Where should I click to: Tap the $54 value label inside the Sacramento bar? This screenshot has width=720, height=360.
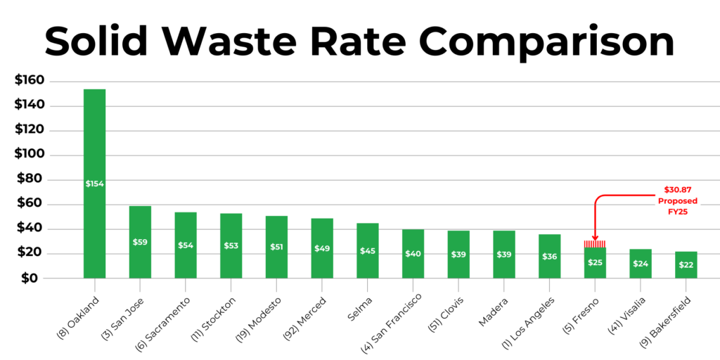pyautogui.click(x=186, y=245)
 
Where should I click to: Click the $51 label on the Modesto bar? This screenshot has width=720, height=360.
pyautogui.click(x=276, y=247)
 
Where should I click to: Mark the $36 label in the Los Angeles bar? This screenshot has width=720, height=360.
pyautogui.click(x=549, y=256)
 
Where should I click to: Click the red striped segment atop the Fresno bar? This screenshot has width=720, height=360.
pyautogui.click(x=595, y=243)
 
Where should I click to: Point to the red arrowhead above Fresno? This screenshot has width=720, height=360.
pyautogui.click(x=595, y=238)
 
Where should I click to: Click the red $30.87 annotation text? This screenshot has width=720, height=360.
pyautogui.click(x=677, y=191)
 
